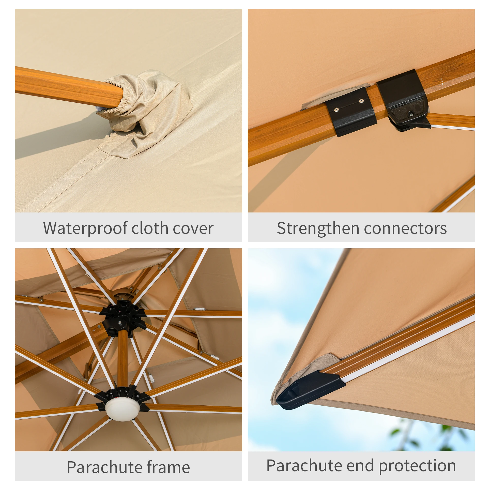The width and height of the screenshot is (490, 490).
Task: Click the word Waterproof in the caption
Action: point(85,228)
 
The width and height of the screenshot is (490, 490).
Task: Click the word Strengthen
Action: point(318,228)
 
